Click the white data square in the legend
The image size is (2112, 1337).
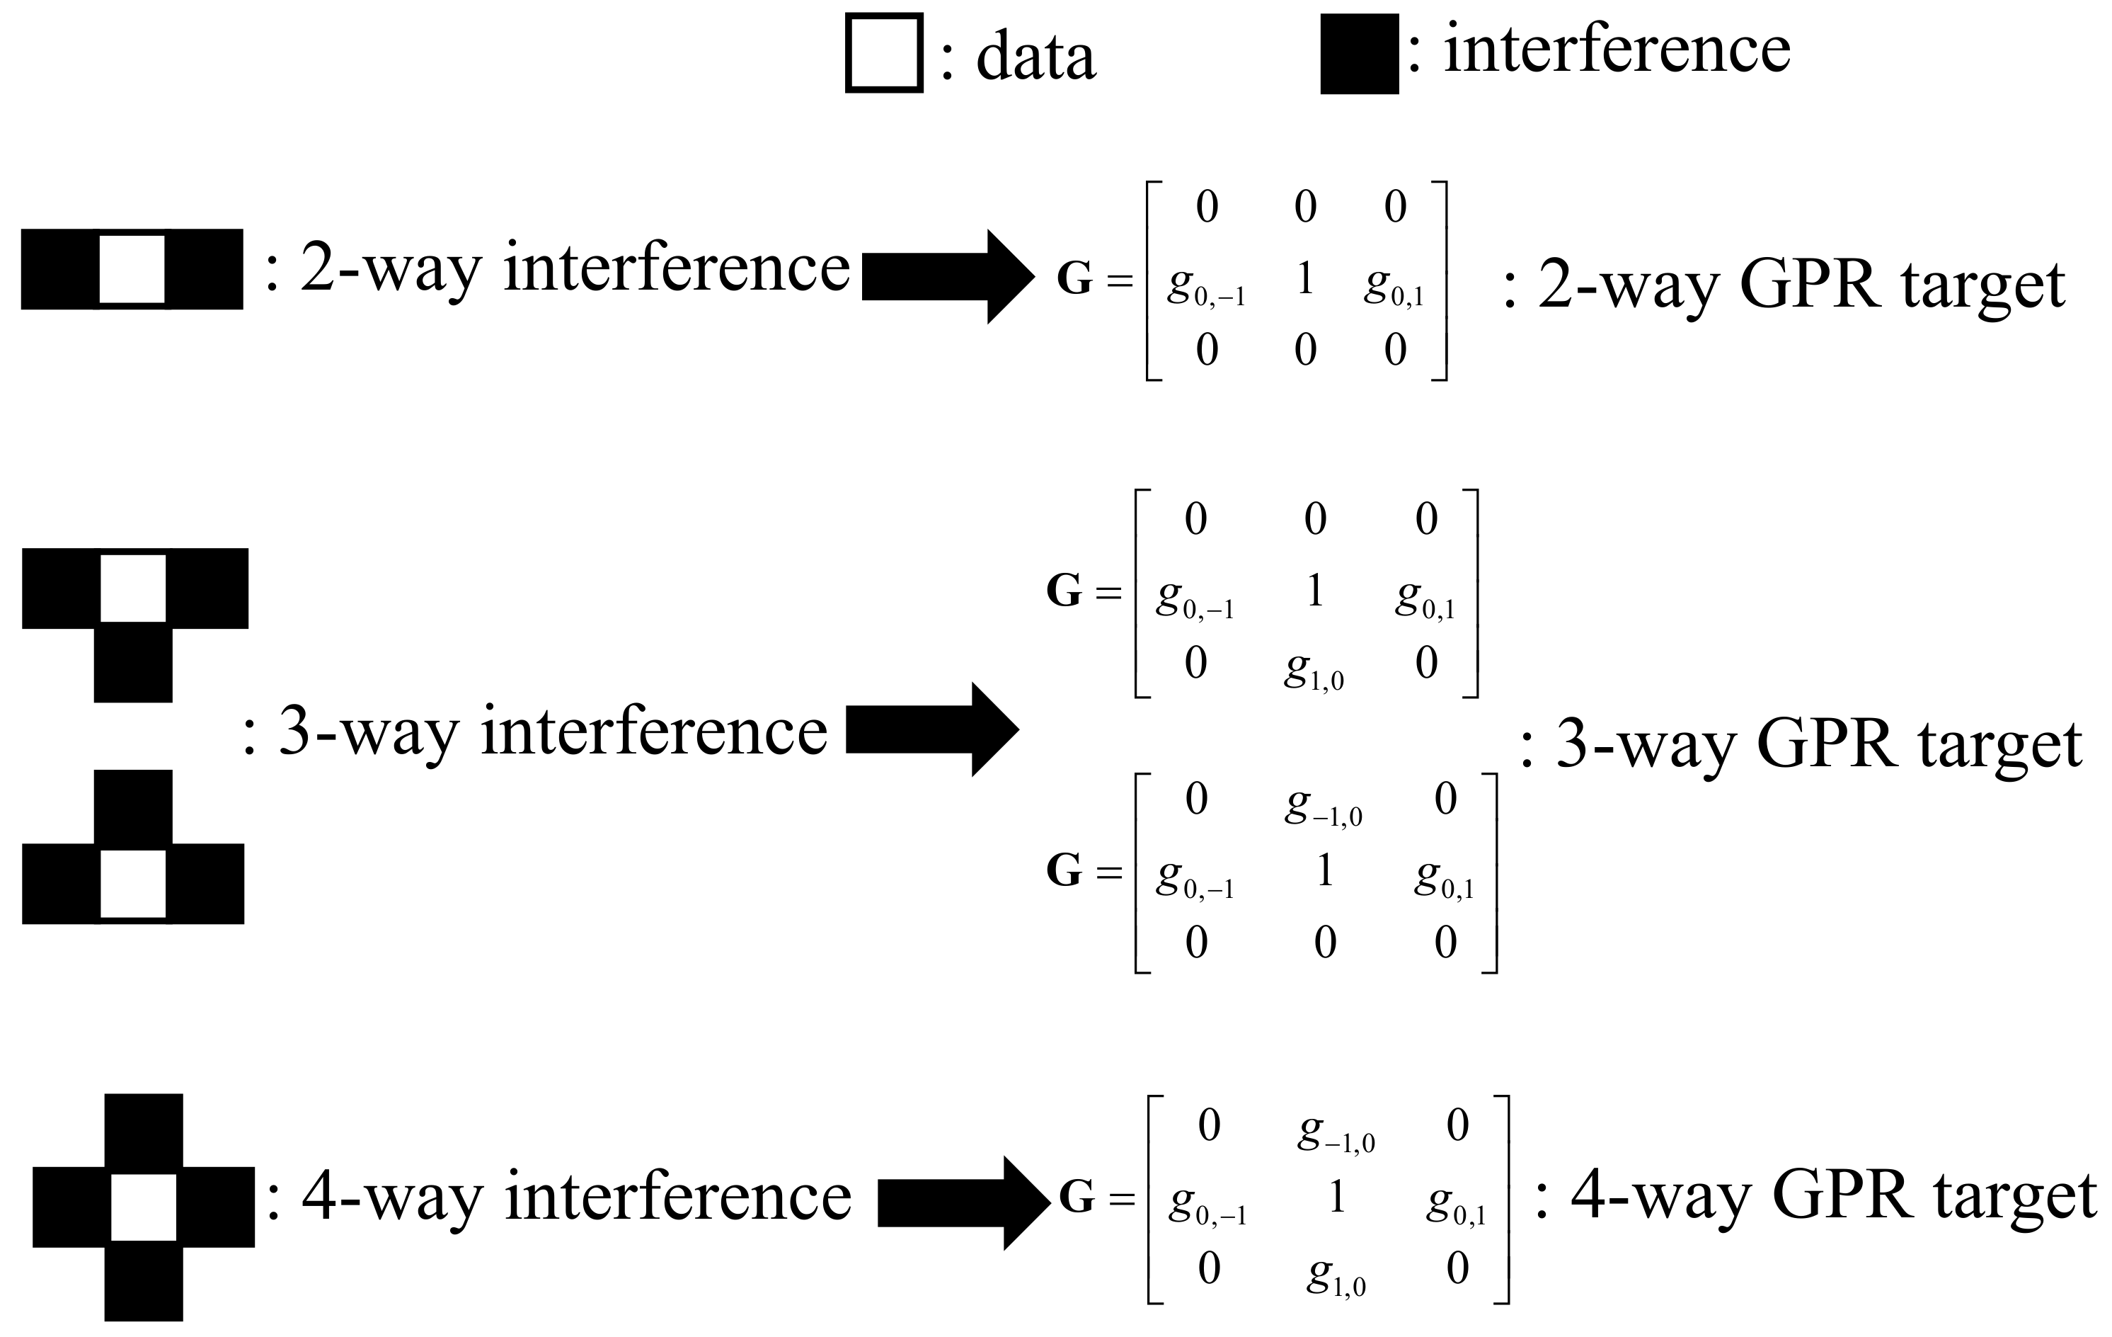(x=883, y=52)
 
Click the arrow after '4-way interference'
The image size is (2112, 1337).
(x=963, y=1202)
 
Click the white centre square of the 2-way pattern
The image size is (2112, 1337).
(x=132, y=268)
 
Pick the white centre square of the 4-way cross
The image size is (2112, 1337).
(x=143, y=1206)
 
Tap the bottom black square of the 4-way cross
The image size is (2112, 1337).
(x=144, y=1282)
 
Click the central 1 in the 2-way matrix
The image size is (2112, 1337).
(x=1305, y=279)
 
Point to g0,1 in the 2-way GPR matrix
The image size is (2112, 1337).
(x=1394, y=286)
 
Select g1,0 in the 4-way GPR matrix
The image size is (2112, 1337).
(x=1336, y=1277)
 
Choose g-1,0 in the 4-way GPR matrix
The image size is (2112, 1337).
(x=1336, y=1132)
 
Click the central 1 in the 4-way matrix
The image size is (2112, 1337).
(x=1337, y=1197)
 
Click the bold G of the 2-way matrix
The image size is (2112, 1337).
(x=1074, y=279)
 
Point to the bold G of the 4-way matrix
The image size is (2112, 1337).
(x=1077, y=1197)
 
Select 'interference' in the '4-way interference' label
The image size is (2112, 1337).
(x=678, y=1197)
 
